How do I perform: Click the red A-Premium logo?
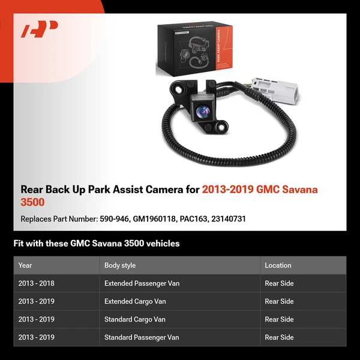coord(40,29)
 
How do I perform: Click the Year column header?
coord(25,265)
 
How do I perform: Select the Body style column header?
coord(120,265)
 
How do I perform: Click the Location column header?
coord(278,265)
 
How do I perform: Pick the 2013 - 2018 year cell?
coord(37,283)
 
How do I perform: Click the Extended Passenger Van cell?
coord(142,283)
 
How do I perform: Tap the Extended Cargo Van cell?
coord(135,301)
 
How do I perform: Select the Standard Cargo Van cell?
coord(135,319)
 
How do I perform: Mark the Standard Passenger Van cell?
coord(142,337)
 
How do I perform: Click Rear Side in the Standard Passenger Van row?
coord(279,337)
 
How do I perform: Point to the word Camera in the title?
coord(162,190)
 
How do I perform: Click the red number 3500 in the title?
coord(33,203)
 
